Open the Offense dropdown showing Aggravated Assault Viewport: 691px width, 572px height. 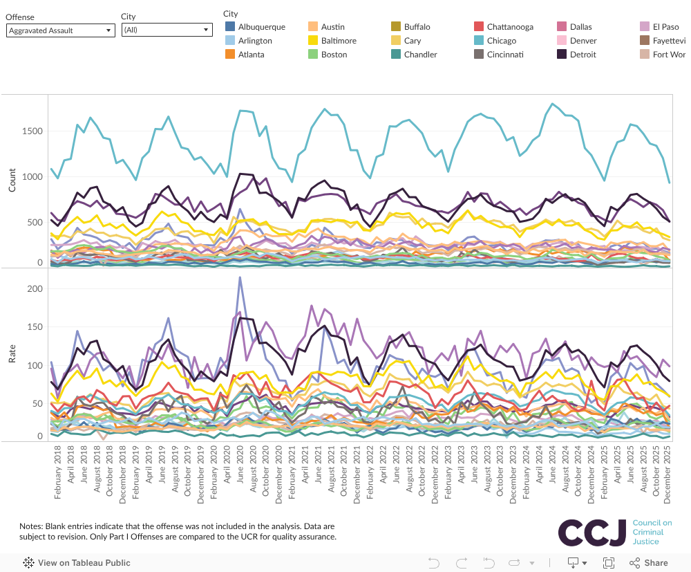[60, 30]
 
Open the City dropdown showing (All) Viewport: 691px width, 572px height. [166, 30]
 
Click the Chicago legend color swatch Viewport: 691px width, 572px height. [478, 41]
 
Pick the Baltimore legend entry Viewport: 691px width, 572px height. [339, 41]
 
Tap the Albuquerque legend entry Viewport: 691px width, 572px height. [261, 27]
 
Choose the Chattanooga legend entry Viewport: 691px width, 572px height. [509, 27]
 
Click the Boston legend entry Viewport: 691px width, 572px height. [334, 55]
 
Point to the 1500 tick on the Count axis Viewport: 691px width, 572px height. [32, 131]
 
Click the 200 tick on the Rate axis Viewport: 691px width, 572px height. [35, 288]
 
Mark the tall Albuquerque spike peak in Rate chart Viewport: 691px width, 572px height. [240, 277]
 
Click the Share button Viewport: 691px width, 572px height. [650, 563]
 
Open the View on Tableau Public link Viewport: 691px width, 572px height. [84, 563]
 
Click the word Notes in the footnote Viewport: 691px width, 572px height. [31, 526]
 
